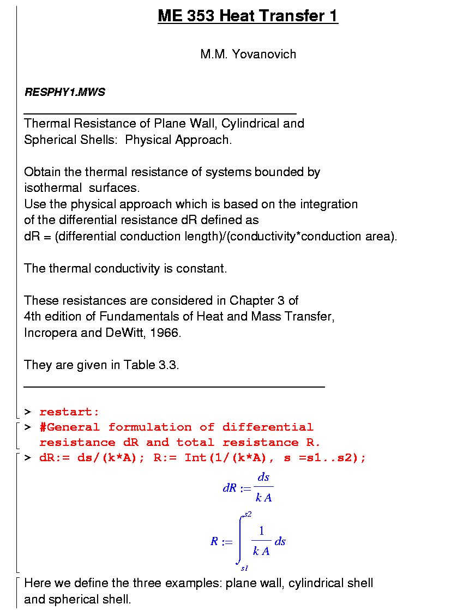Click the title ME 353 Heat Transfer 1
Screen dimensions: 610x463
tap(248, 16)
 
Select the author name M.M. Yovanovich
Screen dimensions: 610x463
tap(248, 54)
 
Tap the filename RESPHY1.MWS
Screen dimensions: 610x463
tap(65, 92)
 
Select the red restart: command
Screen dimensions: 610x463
tap(69, 412)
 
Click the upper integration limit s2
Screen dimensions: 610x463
tap(248, 514)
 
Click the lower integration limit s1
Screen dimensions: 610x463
tap(244, 568)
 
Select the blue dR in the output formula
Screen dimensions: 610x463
tap(229, 488)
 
